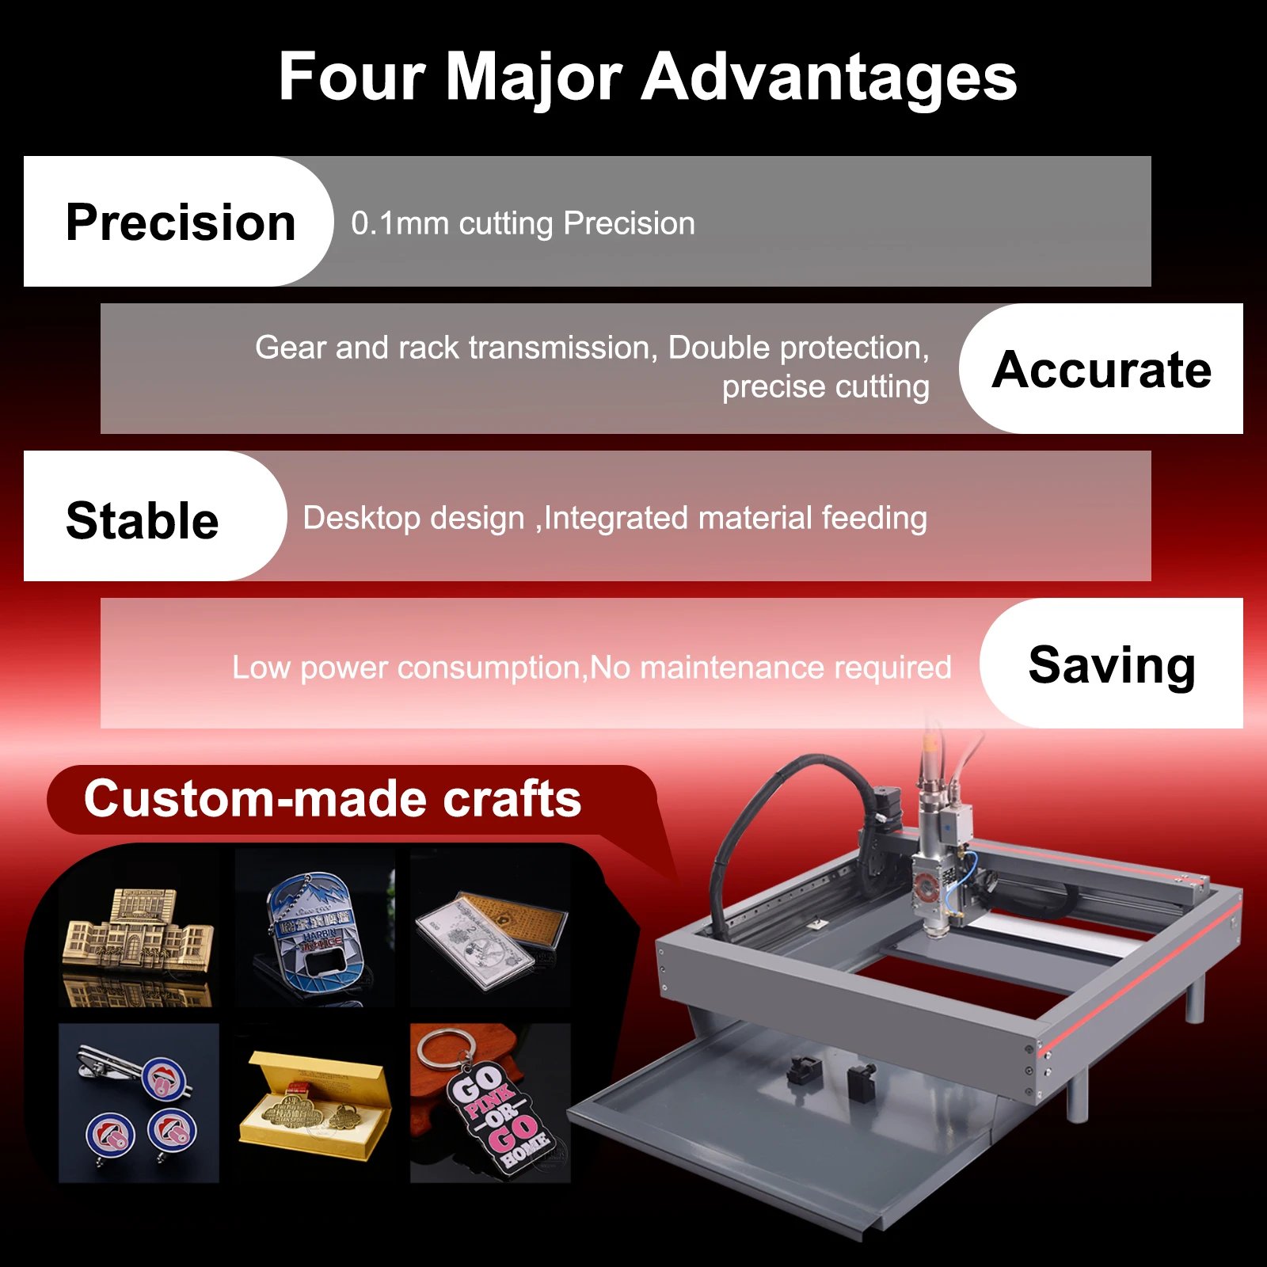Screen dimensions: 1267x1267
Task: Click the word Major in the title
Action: click(x=533, y=78)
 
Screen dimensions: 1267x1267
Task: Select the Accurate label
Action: click(x=1101, y=369)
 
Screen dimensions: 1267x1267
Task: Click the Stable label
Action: click(x=143, y=520)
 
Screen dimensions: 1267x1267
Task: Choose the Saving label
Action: click(x=1111, y=664)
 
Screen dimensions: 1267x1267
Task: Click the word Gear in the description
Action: click(x=290, y=348)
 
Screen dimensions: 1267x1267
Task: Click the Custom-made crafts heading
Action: click(x=333, y=798)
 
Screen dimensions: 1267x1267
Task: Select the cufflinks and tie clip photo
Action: click(x=139, y=1103)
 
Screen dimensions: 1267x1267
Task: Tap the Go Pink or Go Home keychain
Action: click(x=490, y=1103)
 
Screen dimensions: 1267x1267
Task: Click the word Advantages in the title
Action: click(x=828, y=78)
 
